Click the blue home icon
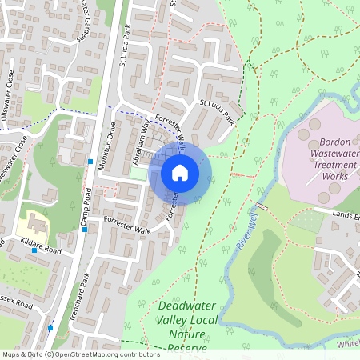pos(180,172)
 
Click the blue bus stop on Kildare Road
pos(34,250)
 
